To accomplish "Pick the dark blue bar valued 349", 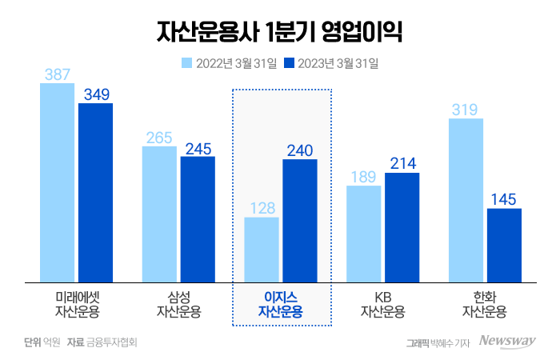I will (x=95, y=192).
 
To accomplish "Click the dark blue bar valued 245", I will (x=198, y=219).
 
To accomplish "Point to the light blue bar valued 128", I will (x=262, y=250).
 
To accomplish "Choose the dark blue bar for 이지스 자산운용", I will (x=300, y=221).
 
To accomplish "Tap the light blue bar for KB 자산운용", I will (x=364, y=234).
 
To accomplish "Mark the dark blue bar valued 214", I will (x=402, y=227).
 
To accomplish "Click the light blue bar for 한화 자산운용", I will (x=466, y=200).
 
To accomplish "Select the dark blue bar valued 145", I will (x=504, y=245).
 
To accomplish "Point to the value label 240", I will (x=300, y=150).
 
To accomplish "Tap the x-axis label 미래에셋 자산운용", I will (x=77, y=303).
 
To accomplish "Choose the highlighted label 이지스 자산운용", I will (x=281, y=304).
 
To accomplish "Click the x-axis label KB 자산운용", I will (x=382, y=303).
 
